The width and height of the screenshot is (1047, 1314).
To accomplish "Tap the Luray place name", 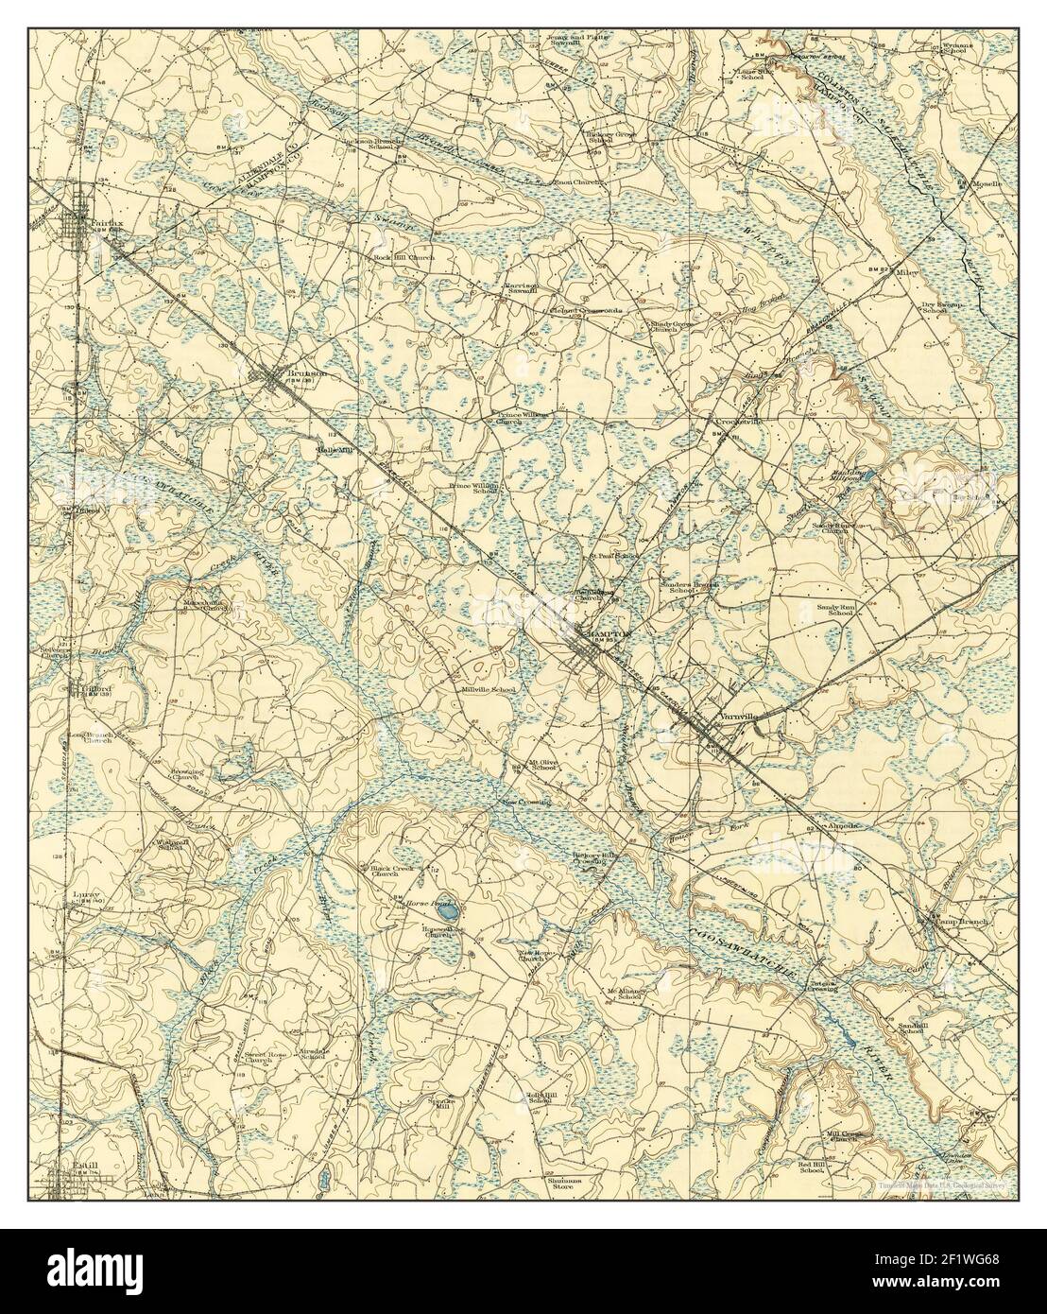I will tap(80, 891).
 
